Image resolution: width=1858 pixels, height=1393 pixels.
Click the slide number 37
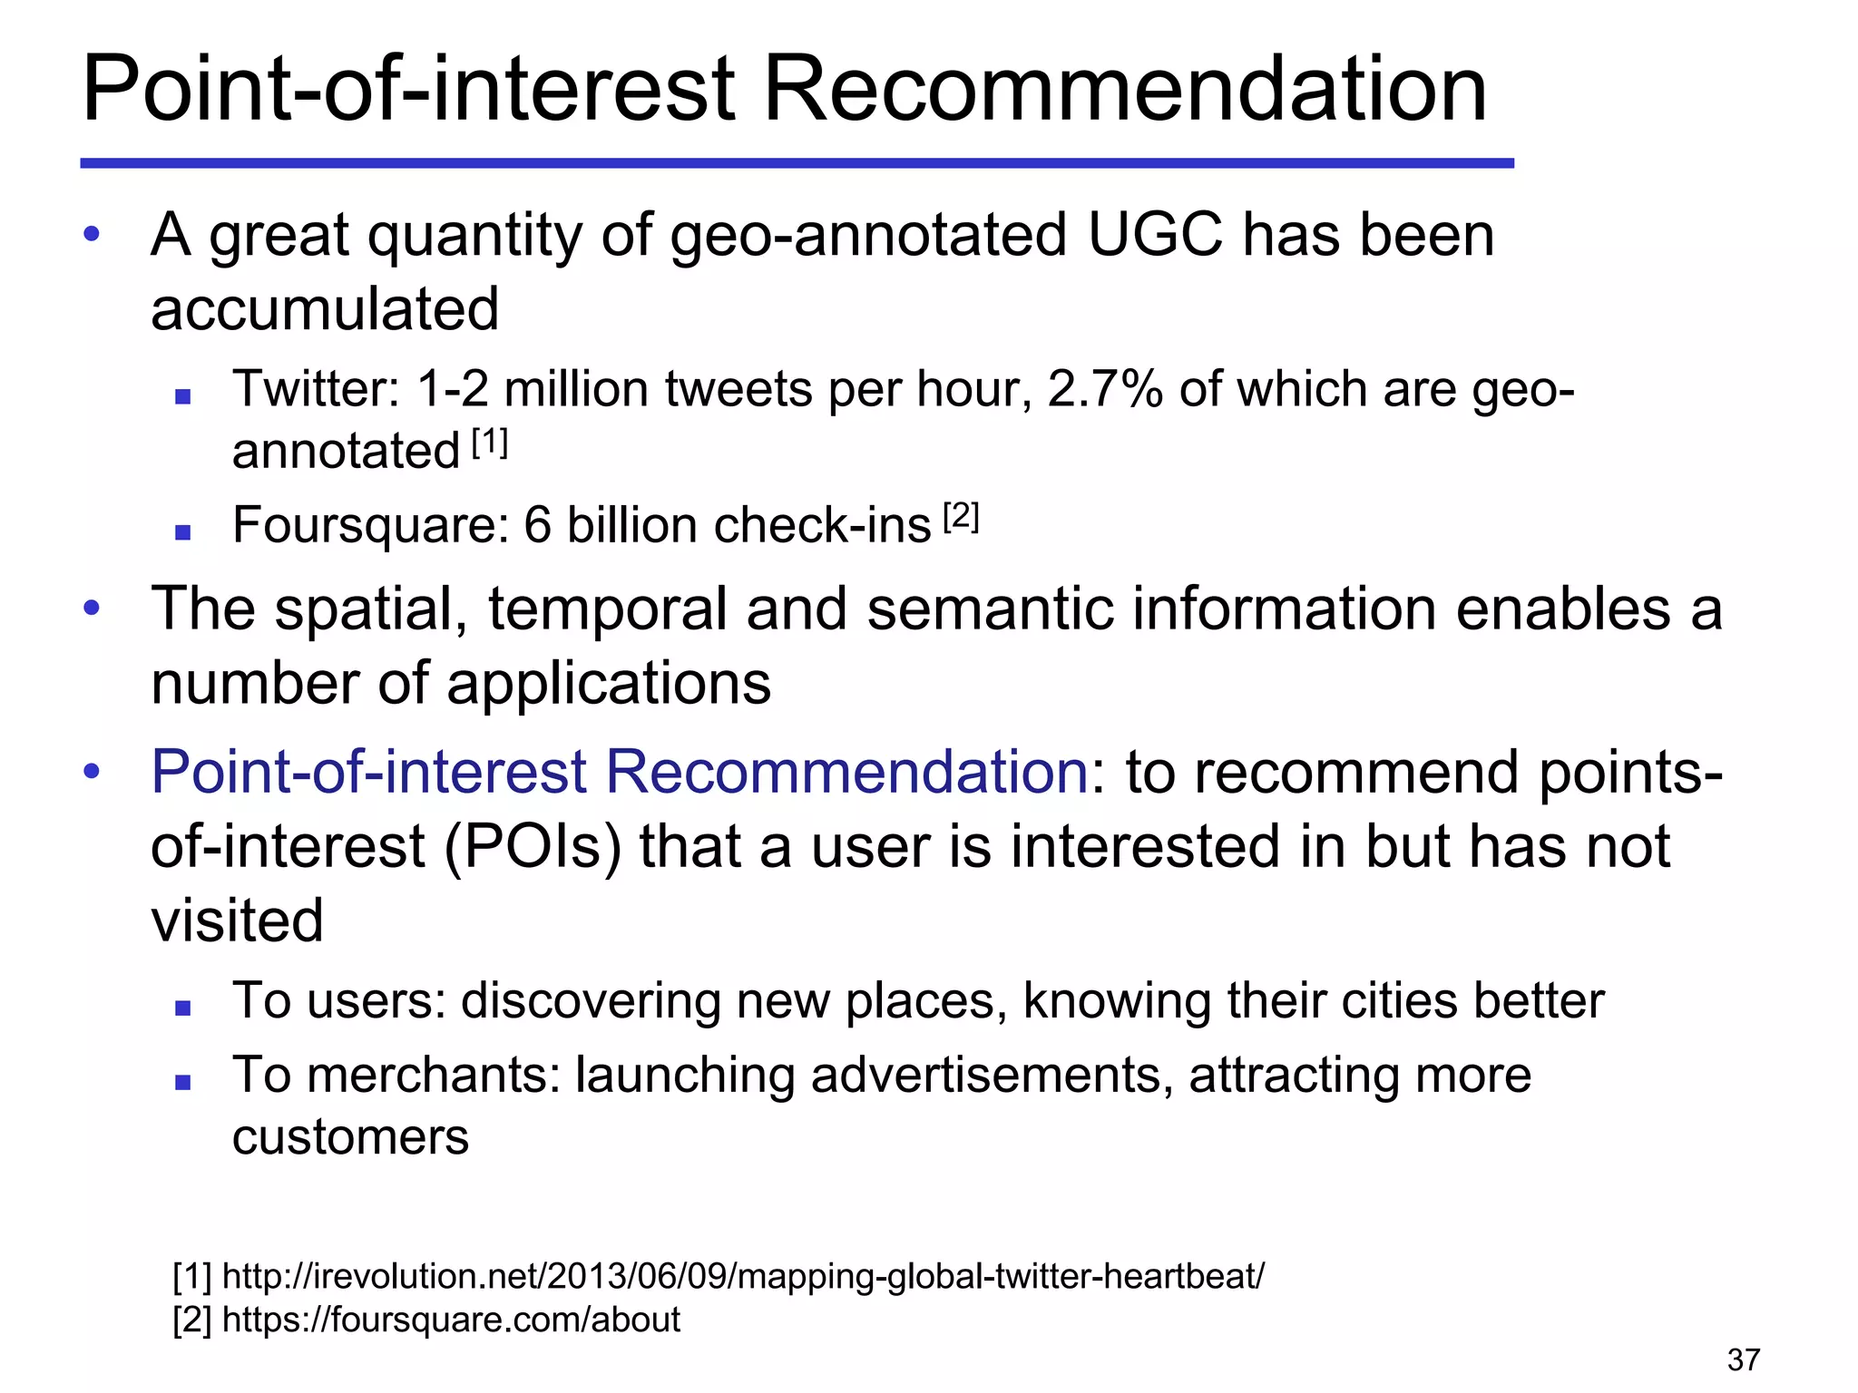1743,1359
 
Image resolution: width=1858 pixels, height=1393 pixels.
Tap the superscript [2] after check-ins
961,517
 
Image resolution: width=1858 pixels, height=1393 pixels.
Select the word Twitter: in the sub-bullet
317,389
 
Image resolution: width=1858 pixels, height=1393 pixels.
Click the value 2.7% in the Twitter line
1104,389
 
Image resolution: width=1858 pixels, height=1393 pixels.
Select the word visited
237,921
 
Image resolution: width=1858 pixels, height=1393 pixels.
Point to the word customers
350,1137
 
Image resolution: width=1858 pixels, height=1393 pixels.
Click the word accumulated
325,309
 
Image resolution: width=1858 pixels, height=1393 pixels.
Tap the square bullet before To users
183,1007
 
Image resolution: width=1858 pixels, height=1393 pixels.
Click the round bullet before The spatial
92,607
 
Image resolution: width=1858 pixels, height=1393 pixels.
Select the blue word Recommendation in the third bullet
846,772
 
